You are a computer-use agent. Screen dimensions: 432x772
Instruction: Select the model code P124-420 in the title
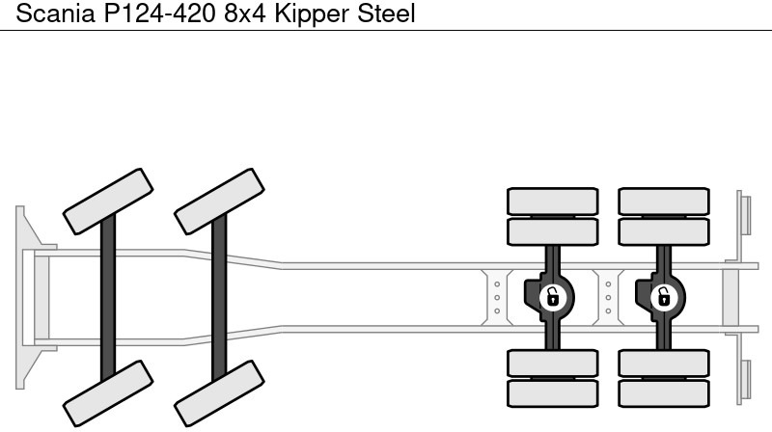[x=155, y=13]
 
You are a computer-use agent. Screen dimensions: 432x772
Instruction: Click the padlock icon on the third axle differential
[x=553, y=297]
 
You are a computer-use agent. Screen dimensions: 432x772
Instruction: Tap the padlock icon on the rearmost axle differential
[x=664, y=297]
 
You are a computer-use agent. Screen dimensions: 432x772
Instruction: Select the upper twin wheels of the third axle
[x=553, y=216]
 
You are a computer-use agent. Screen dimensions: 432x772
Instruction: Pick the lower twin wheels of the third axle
[x=553, y=377]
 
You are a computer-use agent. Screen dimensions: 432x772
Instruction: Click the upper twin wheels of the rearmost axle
[x=664, y=216]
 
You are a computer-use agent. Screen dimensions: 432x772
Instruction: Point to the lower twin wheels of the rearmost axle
[x=664, y=377]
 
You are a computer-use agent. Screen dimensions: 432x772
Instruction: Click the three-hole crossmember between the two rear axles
[x=608, y=297]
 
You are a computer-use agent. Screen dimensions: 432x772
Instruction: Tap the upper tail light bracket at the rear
[x=744, y=212]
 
